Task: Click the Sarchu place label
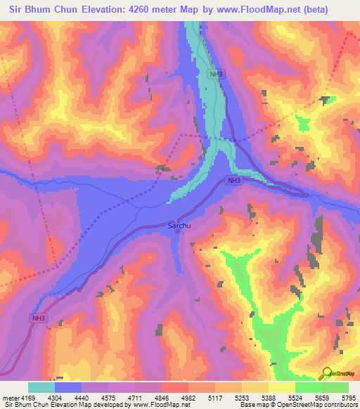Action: tap(179, 226)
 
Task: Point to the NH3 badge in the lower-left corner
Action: tap(39, 318)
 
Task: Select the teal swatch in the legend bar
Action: tap(41, 387)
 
